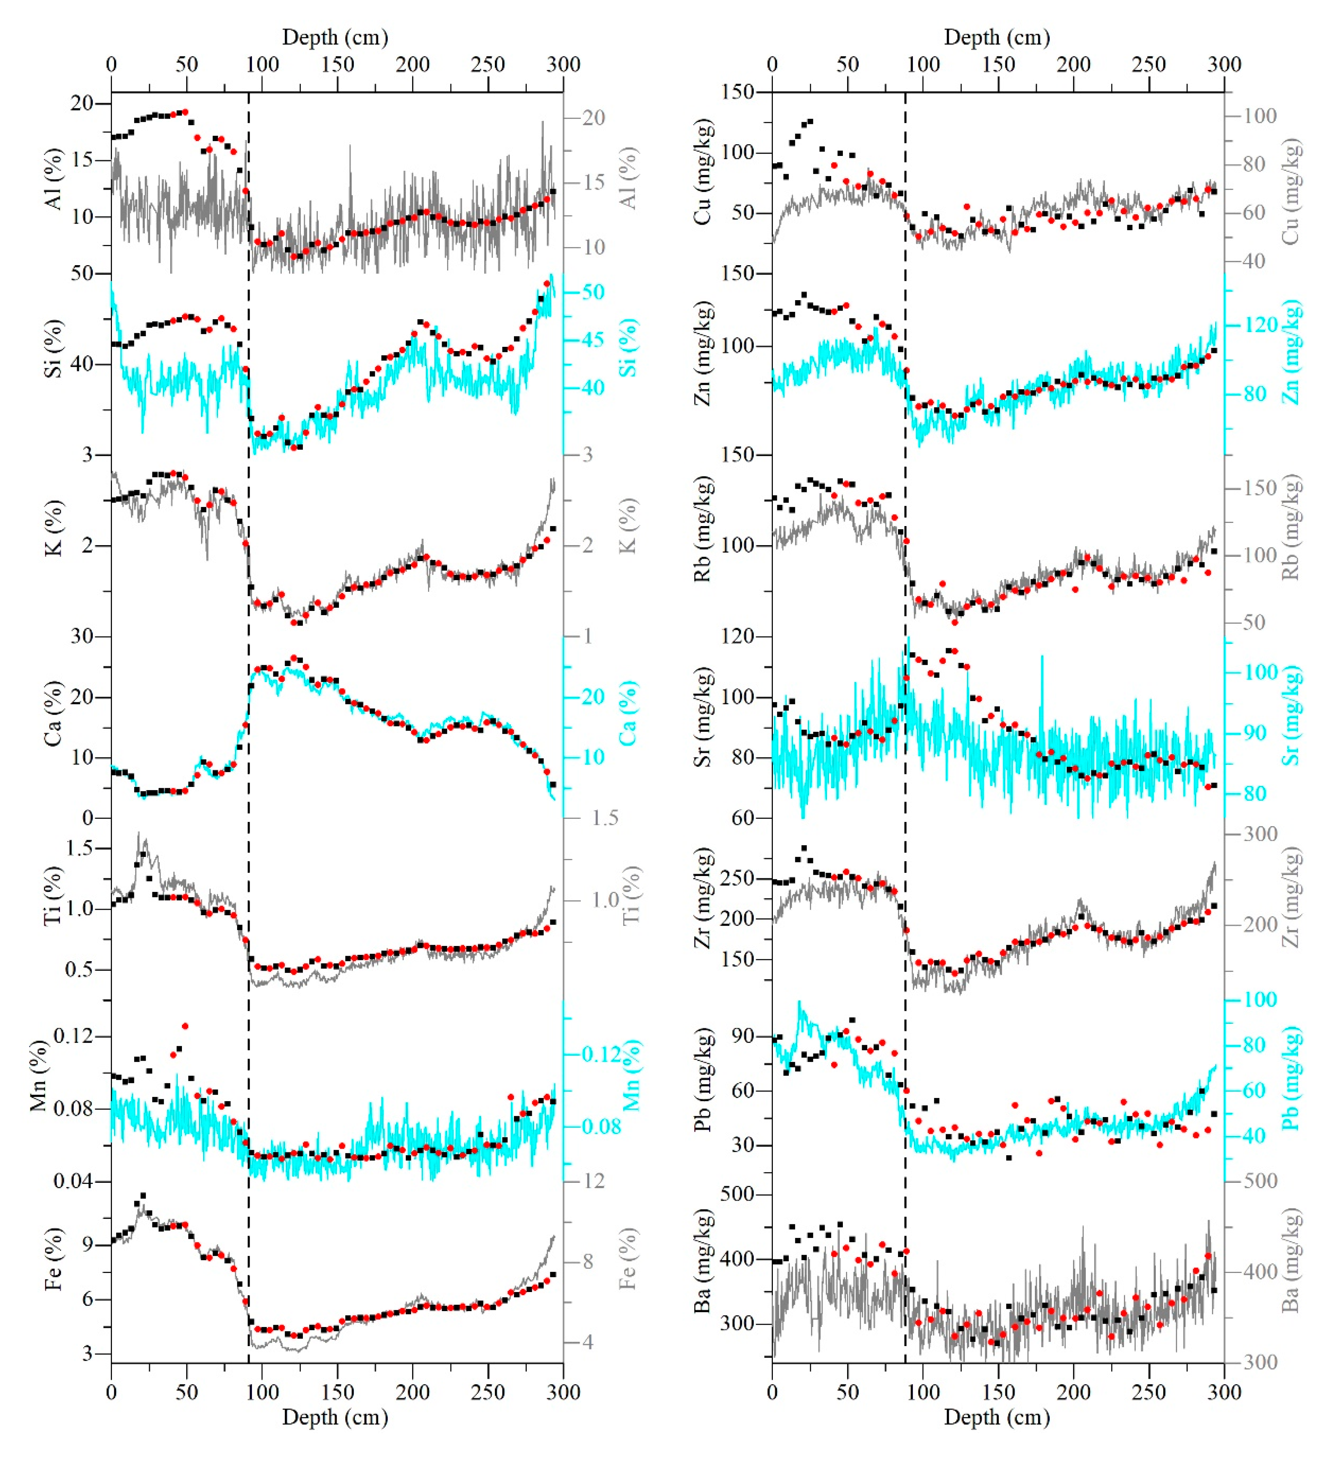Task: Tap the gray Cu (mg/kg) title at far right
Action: (x=1290, y=192)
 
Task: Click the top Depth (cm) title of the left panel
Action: (x=334, y=37)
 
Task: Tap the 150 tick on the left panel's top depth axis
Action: (x=337, y=65)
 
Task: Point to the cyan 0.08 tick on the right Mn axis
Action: (x=602, y=1127)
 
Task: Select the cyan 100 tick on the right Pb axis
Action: (x=1260, y=1000)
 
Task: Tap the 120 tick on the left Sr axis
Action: (x=739, y=636)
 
